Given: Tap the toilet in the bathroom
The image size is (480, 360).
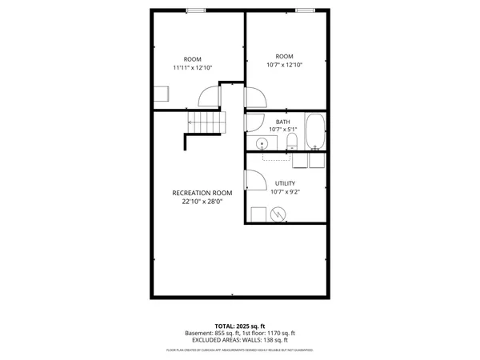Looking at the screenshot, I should [x=292, y=142].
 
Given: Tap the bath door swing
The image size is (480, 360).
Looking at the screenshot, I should [x=254, y=122].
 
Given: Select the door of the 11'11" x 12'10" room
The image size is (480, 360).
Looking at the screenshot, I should [x=208, y=97].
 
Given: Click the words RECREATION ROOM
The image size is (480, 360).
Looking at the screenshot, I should [x=202, y=193].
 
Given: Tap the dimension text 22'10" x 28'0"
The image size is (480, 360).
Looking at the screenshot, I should [x=202, y=202].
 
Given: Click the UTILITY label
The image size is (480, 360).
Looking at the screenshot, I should [x=286, y=183].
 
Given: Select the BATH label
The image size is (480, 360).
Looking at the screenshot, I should [x=283, y=122].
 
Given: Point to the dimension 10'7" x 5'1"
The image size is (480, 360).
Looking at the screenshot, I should [x=283, y=130].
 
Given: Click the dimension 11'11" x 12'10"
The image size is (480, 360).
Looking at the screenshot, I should [x=193, y=68].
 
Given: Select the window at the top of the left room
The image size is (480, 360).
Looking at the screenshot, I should [x=195, y=10].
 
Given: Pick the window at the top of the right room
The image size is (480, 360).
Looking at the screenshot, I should [x=305, y=10].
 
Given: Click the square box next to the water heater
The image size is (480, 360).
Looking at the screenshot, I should [x=258, y=214].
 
